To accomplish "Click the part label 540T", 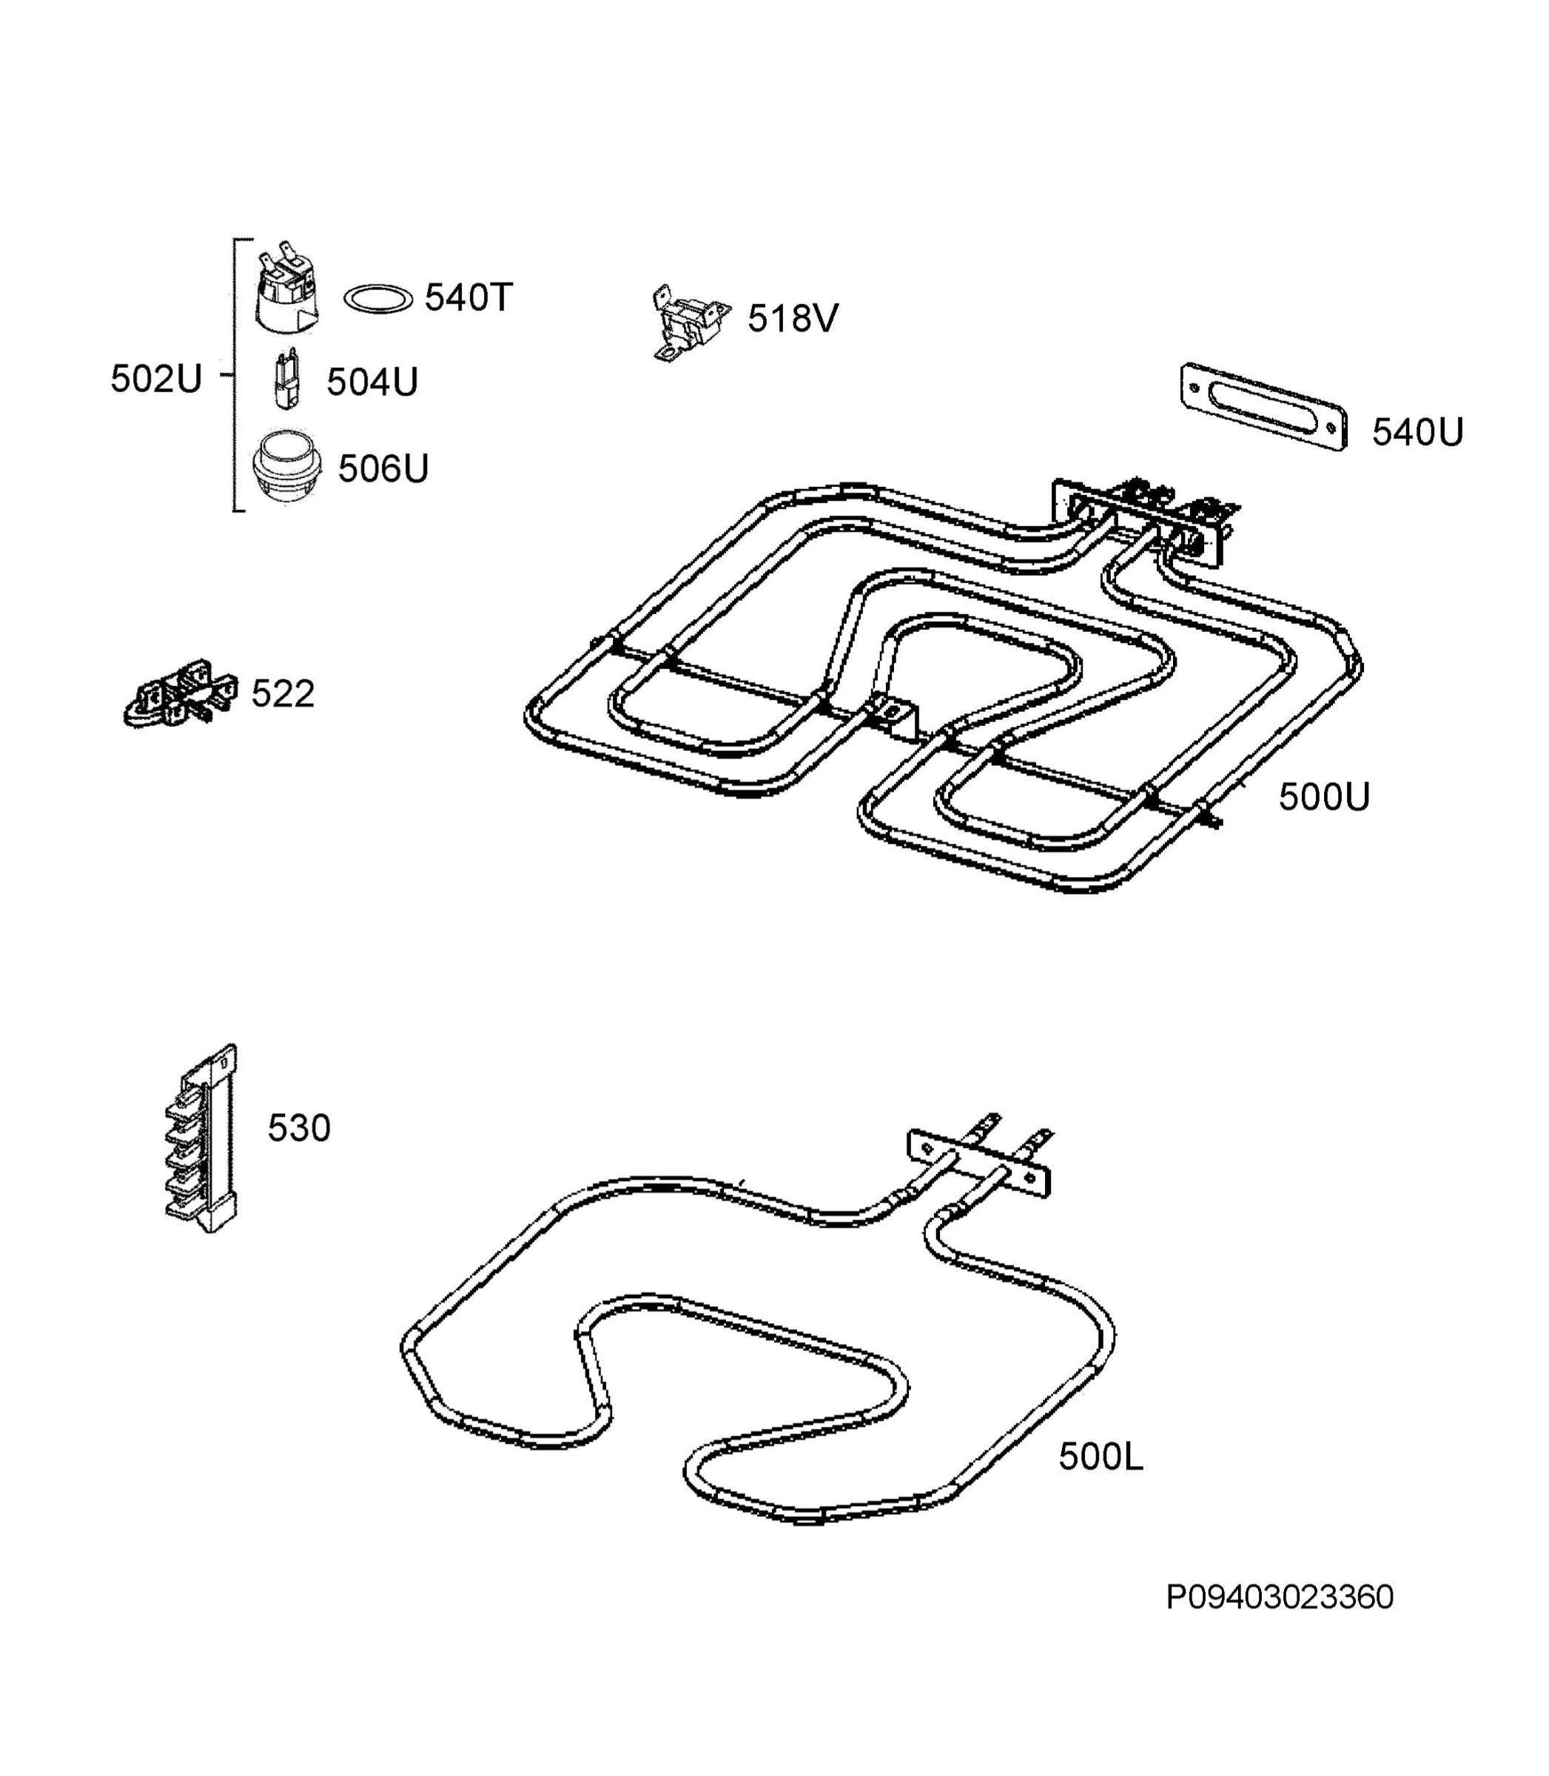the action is coord(468,298).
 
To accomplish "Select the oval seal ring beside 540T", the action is coord(377,299).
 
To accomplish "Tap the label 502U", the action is coord(155,379).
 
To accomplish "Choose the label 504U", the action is coord(372,382).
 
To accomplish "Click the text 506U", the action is coord(383,468).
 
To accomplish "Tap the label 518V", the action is coord(793,319).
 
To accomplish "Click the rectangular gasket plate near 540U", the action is coord(1263,407).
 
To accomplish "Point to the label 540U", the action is coord(1417,432).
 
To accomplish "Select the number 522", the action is coord(283,694).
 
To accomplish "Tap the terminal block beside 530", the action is coord(201,1137).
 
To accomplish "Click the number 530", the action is coord(299,1128).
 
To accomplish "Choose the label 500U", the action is coord(1324,797).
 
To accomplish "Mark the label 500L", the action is coord(1101,1458).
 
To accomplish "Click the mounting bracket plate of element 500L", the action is coord(978,1163).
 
